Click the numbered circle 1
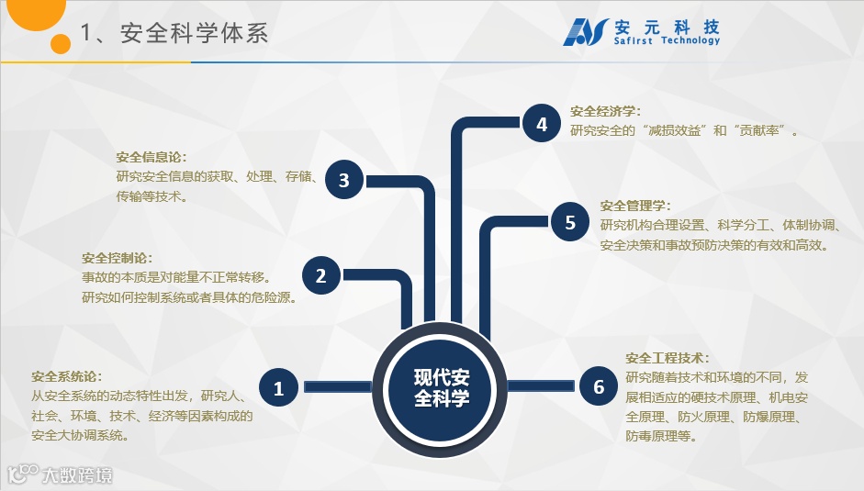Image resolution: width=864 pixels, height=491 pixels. point(278,388)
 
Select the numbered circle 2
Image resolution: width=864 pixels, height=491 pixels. point(321,275)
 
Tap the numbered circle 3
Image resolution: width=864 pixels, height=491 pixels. point(344,180)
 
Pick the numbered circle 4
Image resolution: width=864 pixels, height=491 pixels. point(542,124)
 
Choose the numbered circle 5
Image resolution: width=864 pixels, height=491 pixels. point(570,222)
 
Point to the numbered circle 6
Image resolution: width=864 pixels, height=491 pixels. point(599,387)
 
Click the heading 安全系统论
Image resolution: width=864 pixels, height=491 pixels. point(66,377)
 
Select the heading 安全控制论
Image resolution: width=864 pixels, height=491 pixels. point(117,258)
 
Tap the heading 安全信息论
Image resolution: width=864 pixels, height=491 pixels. point(151,157)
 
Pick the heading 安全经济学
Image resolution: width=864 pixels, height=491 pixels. point(605,111)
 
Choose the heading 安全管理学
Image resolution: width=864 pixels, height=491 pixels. point(635,206)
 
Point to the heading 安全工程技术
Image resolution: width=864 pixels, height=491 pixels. point(668,358)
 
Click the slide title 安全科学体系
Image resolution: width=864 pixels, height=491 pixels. point(174,34)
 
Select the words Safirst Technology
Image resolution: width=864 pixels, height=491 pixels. point(668,41)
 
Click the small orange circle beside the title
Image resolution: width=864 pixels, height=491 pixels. point(62,43)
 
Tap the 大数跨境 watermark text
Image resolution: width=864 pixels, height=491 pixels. point(79,474)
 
